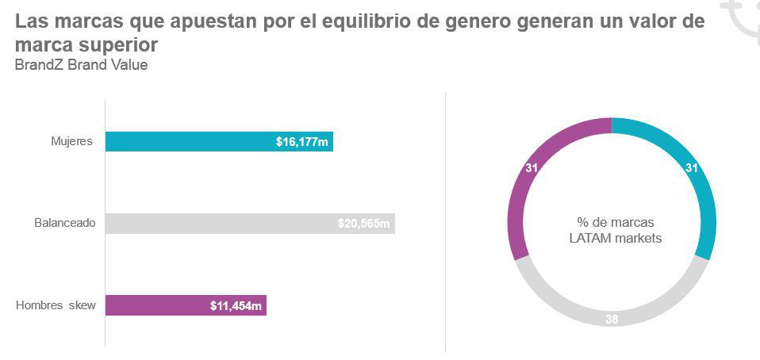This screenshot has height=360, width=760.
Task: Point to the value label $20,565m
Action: coord(364,224)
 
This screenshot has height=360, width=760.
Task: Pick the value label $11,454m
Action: coord(236,306)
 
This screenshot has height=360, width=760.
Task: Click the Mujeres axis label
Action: coord(72,142)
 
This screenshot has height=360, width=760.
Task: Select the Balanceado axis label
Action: coord(65,224)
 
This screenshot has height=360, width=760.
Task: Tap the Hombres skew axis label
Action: coord(56,305)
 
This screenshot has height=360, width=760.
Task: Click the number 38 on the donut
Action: coord(612,320)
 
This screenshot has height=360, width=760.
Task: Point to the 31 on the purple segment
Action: coord(532,168)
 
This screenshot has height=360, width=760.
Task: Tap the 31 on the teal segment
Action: coord(692,168)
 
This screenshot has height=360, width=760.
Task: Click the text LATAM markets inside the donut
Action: coord(615,238)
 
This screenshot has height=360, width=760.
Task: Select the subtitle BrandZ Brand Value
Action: coord(81,65)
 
